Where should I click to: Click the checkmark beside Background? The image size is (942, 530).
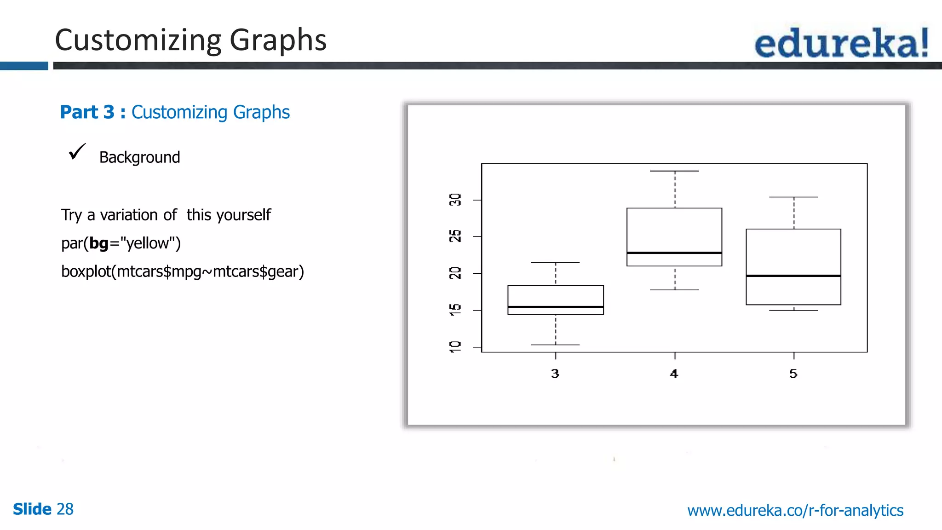click(77, 151)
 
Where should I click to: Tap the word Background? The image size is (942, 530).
click(139, 157)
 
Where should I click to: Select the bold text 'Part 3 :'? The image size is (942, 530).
click(92, 112)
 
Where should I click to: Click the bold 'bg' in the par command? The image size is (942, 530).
click(99, 243)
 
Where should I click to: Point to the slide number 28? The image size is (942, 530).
click(65, 509)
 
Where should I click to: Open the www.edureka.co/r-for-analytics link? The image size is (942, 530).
click(795, 510)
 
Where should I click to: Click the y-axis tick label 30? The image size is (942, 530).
click(455, 200)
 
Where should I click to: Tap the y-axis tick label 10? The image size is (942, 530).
click(455, 347)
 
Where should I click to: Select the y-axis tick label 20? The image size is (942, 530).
click(455, 273)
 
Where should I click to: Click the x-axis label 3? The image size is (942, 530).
click(555, 374)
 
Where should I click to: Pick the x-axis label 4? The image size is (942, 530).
click(674, 374)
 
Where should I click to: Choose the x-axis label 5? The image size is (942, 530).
click(793, 374)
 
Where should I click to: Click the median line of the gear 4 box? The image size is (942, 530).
click(674, 253)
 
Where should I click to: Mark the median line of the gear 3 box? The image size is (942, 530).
click(556, 306)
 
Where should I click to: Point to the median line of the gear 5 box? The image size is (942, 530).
click(793, 276)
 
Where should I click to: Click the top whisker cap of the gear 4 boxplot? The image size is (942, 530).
click(674, 171)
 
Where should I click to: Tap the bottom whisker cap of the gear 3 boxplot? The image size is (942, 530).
click(555, 345)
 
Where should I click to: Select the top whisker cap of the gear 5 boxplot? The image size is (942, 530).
click(793, 197)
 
